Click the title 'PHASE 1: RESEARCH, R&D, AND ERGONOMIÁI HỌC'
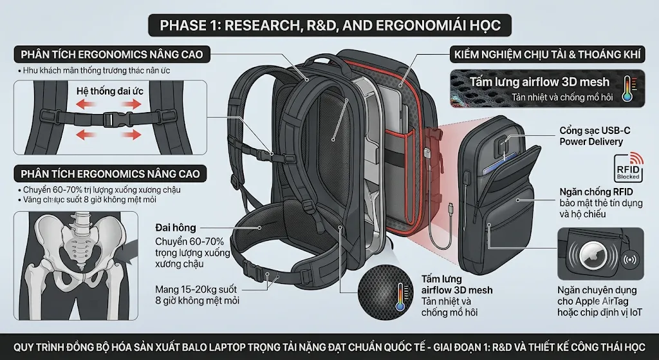click(330, 25)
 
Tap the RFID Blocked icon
click(629, 167)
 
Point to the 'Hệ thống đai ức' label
click(110, 91)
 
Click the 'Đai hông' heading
click(176, 227)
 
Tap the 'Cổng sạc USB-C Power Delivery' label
click(595, 136)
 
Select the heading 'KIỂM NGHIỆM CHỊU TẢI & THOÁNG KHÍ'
click(547, 55)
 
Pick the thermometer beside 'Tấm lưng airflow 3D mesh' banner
click(627, 89)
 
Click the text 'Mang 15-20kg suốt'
click(196, 289)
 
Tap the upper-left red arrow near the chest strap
click(88, 104)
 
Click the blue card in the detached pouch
click(499, 165)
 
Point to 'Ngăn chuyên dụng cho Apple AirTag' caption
click(597, 296)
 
